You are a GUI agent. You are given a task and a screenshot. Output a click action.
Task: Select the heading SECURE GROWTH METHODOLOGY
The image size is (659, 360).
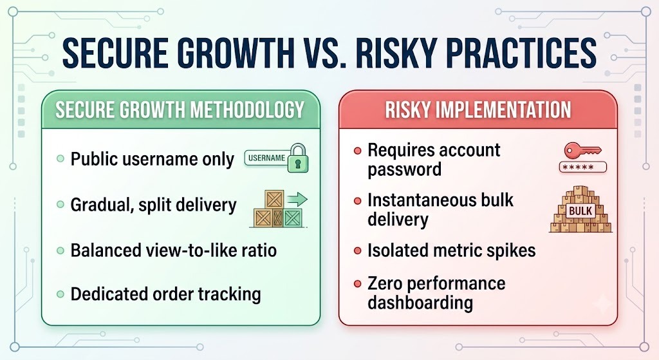(180, 109)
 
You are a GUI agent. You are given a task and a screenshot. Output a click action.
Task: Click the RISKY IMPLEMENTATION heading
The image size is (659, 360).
(478, 109)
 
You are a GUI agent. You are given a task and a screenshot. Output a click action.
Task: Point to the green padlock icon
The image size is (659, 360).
(298, 158)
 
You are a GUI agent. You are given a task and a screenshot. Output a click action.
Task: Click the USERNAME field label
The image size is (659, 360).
(267, 158)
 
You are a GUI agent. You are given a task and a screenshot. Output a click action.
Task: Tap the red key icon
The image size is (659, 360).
(582, 150)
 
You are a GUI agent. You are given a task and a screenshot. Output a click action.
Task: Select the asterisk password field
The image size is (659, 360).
(583, 167)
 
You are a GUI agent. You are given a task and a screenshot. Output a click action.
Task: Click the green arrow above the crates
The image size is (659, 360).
(297, 199)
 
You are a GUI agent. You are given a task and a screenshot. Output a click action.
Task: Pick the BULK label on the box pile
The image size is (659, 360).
(580, 211)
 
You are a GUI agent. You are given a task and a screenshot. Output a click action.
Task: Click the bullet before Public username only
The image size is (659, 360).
(60, 159)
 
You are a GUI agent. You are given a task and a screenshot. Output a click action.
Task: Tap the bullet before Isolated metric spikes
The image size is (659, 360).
(358, 251)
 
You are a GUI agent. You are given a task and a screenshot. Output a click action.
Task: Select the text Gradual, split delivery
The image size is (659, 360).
(153, 205)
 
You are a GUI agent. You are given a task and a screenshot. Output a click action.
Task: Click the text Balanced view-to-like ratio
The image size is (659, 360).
(174, 251)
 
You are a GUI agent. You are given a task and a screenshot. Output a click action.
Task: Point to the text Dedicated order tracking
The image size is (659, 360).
(165, 294)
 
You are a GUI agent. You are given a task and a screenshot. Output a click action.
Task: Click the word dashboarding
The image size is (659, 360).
(420, 303)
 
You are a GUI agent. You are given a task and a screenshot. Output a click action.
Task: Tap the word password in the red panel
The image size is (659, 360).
(404, 170)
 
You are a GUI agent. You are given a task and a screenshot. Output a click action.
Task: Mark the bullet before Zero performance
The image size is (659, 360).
(358, 284)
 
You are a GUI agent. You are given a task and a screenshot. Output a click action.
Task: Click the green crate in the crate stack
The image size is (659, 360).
(293, 218)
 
